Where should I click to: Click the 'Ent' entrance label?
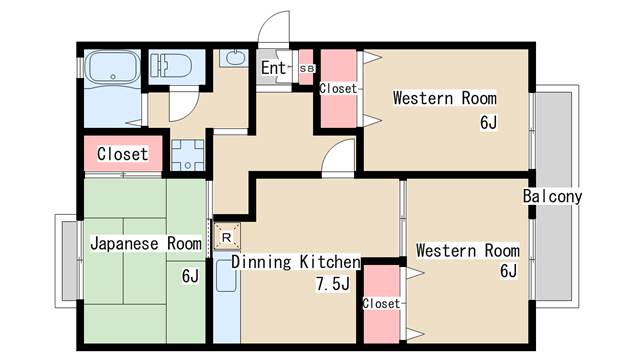(x=273, y=68)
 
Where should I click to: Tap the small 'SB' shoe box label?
(x=307, y=69)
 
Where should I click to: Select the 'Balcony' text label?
(x=552, y=196)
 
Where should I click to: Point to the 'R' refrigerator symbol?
(x=227, y=237)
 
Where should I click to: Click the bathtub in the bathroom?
(x=113, y=67)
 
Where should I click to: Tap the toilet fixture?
(x=171, y=65)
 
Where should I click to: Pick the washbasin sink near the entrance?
(x=233, y=58)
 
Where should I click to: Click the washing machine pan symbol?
(x=187, y=155)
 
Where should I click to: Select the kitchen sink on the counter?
(x=226, y=276)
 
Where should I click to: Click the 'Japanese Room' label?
(x=146, y=243)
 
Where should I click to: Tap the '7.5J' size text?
(x=333, y=284)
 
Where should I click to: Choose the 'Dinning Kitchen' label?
(x=296, y=262)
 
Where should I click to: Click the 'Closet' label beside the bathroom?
(x=122, y=154)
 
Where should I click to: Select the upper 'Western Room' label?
(x=445, y=98)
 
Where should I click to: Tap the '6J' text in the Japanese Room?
(x=190, y=276)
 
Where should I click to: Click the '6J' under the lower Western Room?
(x=509, y=271)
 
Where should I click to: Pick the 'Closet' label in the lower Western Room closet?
(x=382, y=303)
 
